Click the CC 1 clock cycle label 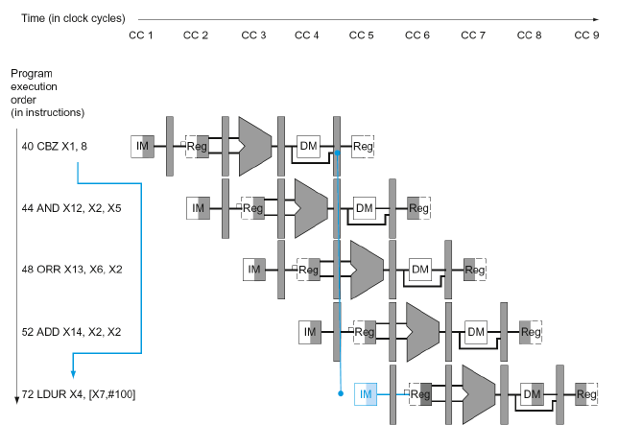(x=141, y=35)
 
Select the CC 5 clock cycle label (x=363, y=35)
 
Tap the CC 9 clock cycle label (x=585, y=35)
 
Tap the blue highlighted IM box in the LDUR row (x=366, y=393)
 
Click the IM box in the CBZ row (x=143, y=146)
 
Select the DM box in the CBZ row (x=308, y=146)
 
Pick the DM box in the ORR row (x=420, y=270)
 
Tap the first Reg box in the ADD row (x=365, y=332)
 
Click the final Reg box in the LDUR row (x=586, y=393)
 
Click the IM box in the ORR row (x=254, y=270)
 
